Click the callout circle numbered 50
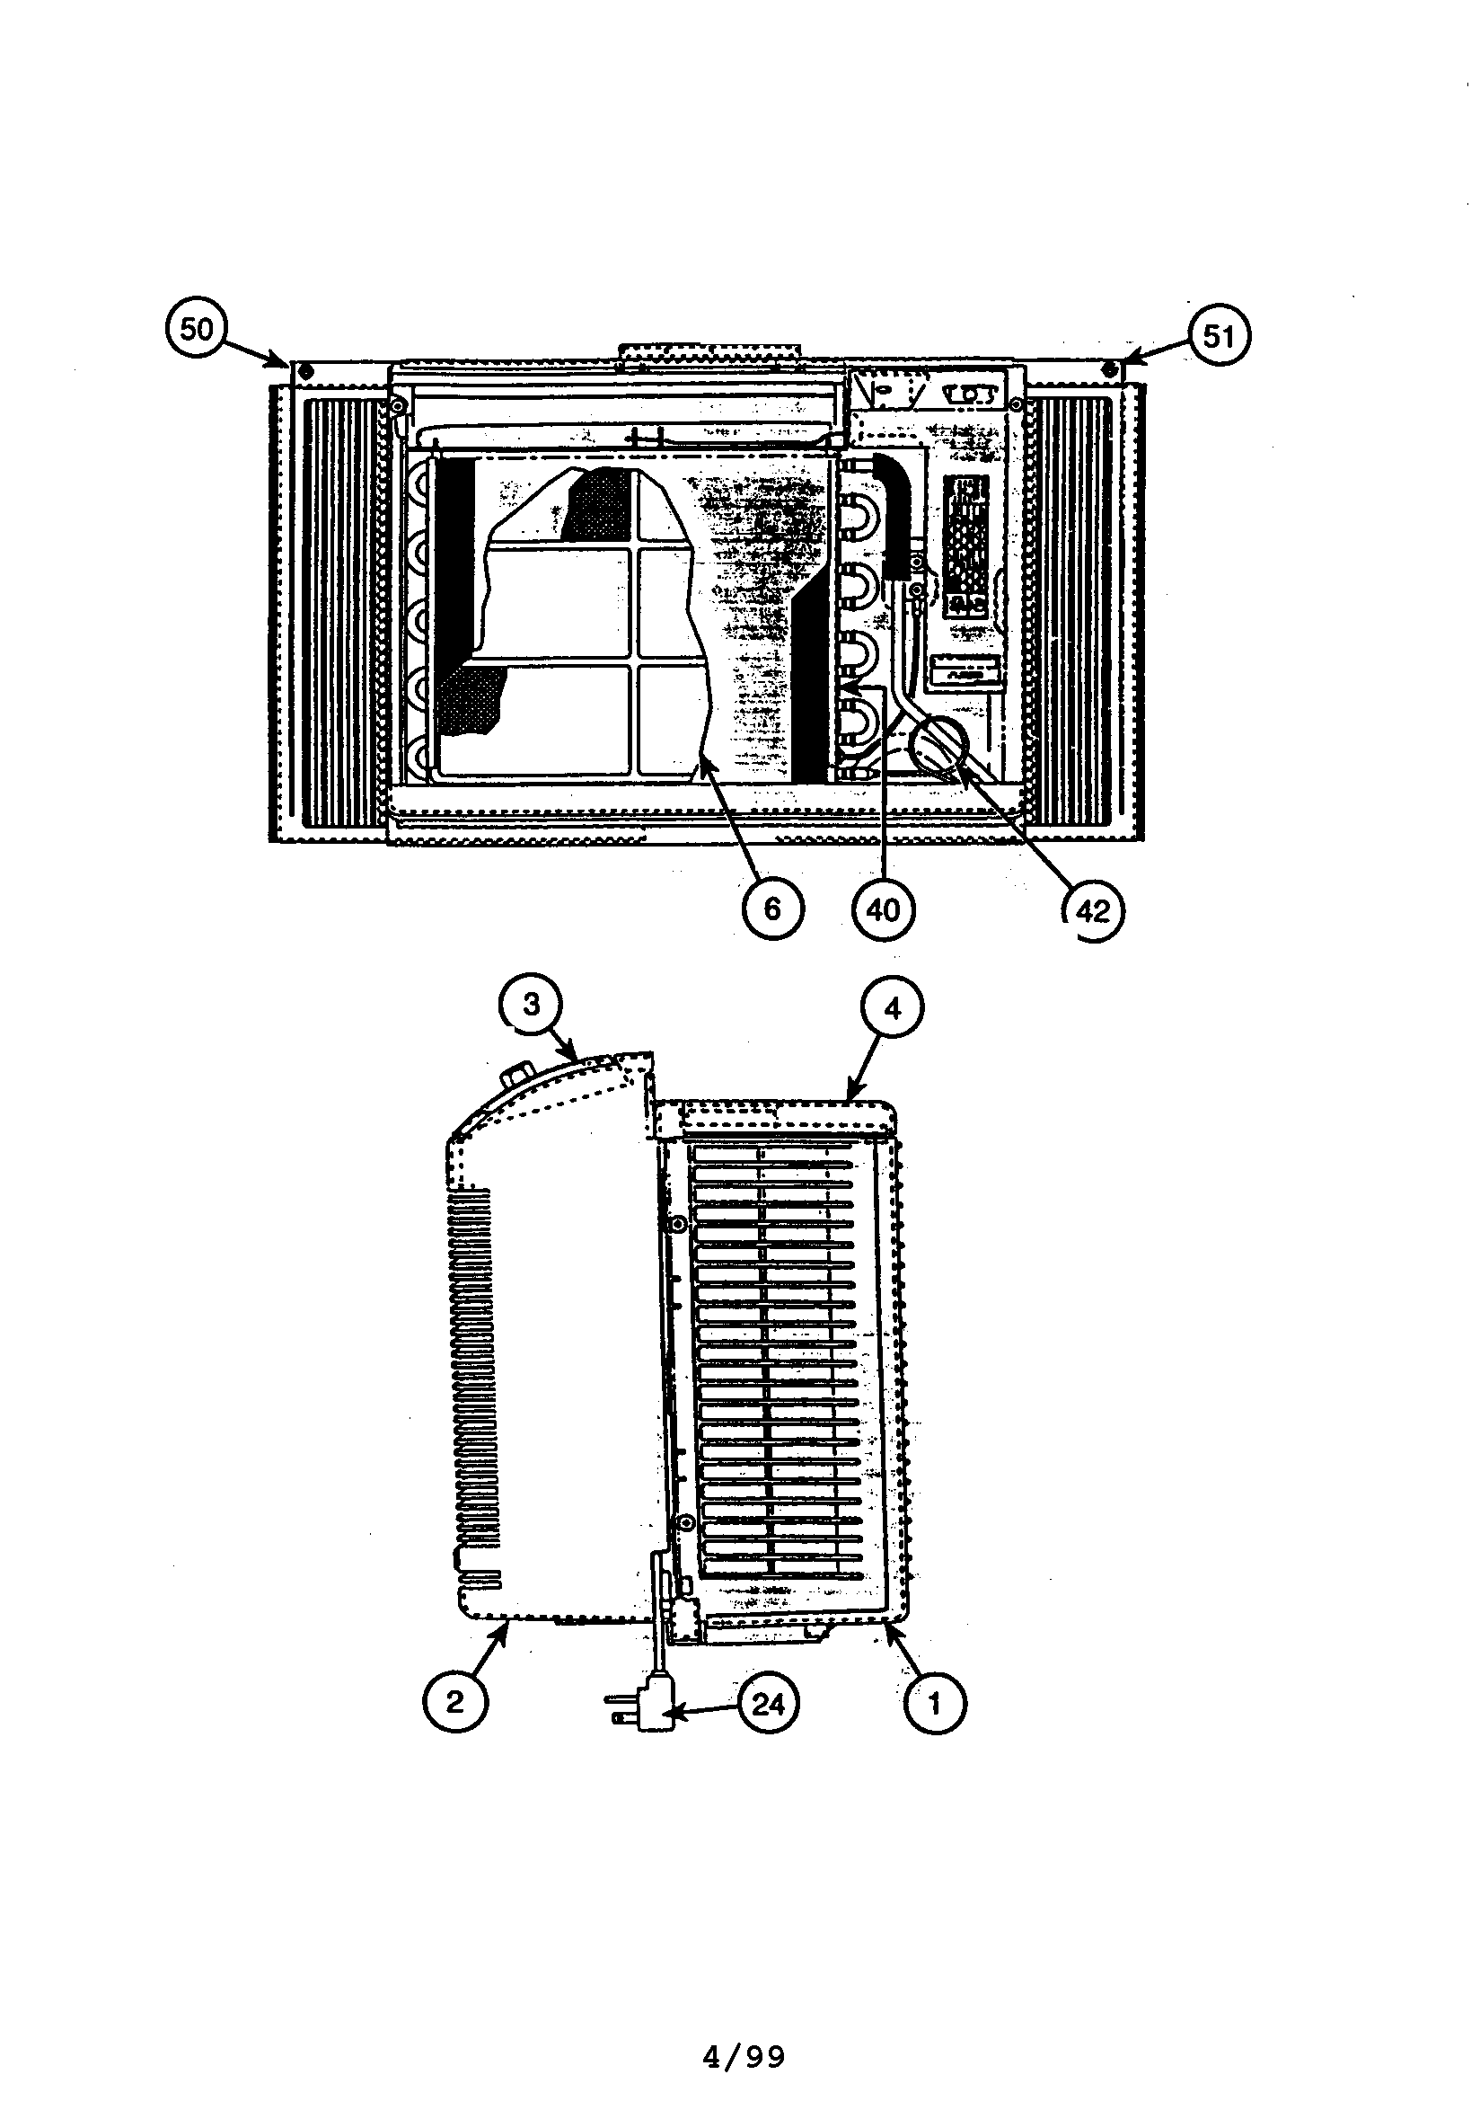point(197,330)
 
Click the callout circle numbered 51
point(1218,337)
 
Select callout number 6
point(772,909)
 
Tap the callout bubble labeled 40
point(883,909)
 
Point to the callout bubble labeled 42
point(1093,911)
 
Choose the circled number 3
point(532,1006)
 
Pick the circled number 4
point(893,1008)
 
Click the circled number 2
point(454,1703)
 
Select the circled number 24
point(768,1704)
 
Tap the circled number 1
point(934,1703)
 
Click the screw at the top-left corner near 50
point(305,372)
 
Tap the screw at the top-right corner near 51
point(1109,370)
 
